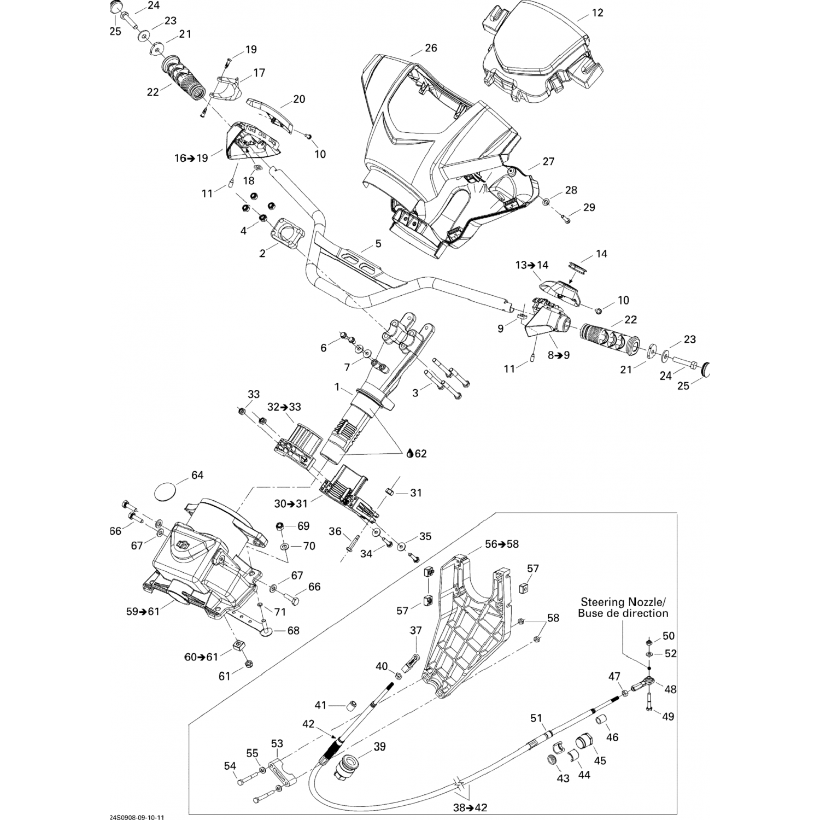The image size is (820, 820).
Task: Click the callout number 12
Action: [x=598, y=13]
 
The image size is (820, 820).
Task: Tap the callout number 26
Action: [x=431, y=48]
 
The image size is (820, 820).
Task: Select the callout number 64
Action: [x=197, y=475]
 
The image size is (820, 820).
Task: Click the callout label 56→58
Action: [x=502, y=544]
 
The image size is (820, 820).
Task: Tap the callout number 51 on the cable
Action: [x=536, y=717]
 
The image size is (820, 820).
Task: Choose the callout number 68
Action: [x=293, y=631]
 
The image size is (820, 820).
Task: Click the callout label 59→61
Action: [x=143, y=612]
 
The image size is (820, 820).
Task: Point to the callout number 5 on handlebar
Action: [x=378, y=243]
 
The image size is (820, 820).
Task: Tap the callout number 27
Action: [x=548, y=161]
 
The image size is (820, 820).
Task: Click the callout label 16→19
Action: [x=191, y=158]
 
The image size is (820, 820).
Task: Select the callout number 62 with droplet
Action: [x=417, y=453]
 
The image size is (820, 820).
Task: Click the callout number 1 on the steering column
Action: [x=337, y=388]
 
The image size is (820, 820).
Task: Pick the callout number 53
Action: [x=277, y=743]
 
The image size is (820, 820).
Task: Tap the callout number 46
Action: [x=612, y=737]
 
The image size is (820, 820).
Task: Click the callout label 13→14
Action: [x=531, y=265]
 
